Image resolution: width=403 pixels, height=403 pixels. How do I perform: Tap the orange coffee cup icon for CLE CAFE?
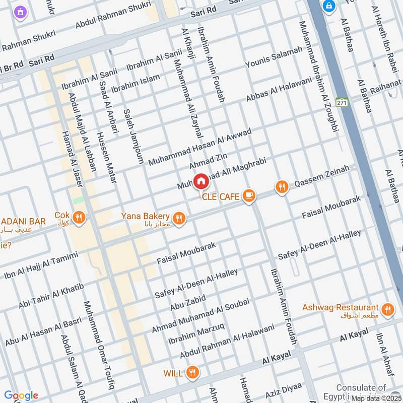(248, 195)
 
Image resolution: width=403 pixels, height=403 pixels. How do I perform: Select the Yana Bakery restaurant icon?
(178, 218)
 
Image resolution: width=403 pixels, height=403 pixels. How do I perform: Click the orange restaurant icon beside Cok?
(79, 218)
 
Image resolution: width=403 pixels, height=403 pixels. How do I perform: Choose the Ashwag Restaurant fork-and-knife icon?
(387, 310)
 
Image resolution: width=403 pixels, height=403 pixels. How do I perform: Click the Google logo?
(21, 395)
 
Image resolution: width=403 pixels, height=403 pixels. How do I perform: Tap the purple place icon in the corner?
(20, 12)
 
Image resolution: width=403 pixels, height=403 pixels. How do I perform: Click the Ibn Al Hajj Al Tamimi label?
(41, 264)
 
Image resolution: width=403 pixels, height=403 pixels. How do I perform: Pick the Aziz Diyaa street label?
(284, 388)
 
